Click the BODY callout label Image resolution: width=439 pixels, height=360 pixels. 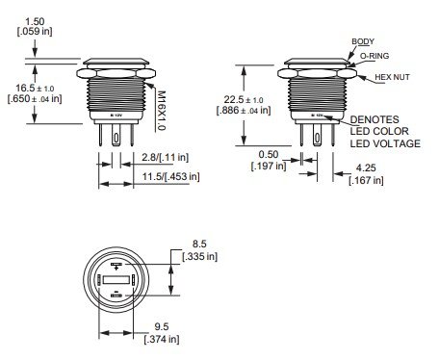(364, 42)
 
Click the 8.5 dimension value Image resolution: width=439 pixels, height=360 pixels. (199, 245)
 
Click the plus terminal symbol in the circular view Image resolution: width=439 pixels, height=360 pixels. (115, 264)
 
